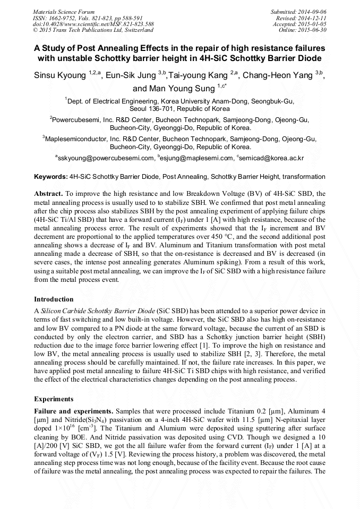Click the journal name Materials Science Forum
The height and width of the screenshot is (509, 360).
(64, 11)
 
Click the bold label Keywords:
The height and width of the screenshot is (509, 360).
(50, 176)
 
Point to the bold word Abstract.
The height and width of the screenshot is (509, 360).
(49, 194)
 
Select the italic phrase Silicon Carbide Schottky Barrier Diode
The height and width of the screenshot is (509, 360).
(99, 310)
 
